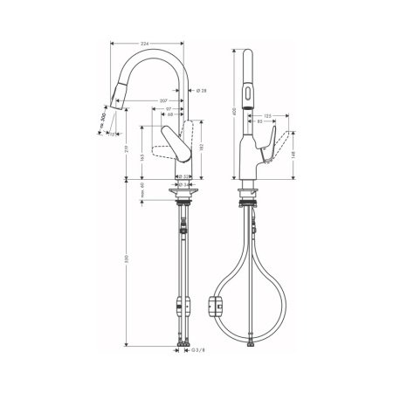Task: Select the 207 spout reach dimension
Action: pos(164,101)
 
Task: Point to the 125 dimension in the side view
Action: pos(269,114)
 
